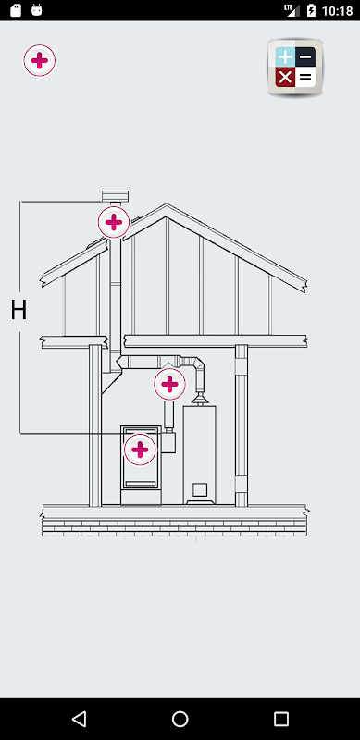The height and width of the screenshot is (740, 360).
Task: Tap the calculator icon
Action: click(x=295, y=68)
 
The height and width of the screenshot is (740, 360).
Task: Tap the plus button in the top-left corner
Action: click(x=40, y=60)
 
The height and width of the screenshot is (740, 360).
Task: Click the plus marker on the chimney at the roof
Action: click(x=114, y=222)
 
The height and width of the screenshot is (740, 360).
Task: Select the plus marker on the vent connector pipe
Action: click(x=169, y=385)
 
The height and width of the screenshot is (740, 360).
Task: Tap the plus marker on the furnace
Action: click(x=140, y=450)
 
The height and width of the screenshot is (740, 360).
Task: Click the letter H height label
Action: click(x=19, y=311)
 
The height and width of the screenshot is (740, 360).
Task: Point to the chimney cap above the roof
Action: click(x=116, y=196)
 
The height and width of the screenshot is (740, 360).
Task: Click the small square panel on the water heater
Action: click(x=199, y=489)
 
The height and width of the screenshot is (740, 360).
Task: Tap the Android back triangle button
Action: click(x=79, y=719)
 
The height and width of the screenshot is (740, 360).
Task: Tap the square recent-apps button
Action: click(x=281, y=719)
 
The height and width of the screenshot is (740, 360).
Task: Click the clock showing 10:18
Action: click(x=337, y=10)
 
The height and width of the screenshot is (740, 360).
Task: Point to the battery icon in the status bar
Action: click(x=311, y=10)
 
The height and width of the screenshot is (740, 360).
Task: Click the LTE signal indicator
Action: click(x=292, y=10)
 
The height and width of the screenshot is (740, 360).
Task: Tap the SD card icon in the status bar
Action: click(x=16, y=10)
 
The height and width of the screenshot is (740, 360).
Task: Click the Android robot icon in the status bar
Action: click(x=36, y=10)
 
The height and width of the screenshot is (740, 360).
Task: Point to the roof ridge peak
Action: click(x=166, y=204)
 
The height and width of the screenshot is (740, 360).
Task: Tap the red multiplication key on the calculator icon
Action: click(x=285, y=77)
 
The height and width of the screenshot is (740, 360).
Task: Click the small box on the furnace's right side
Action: click(x=168, y=442)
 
